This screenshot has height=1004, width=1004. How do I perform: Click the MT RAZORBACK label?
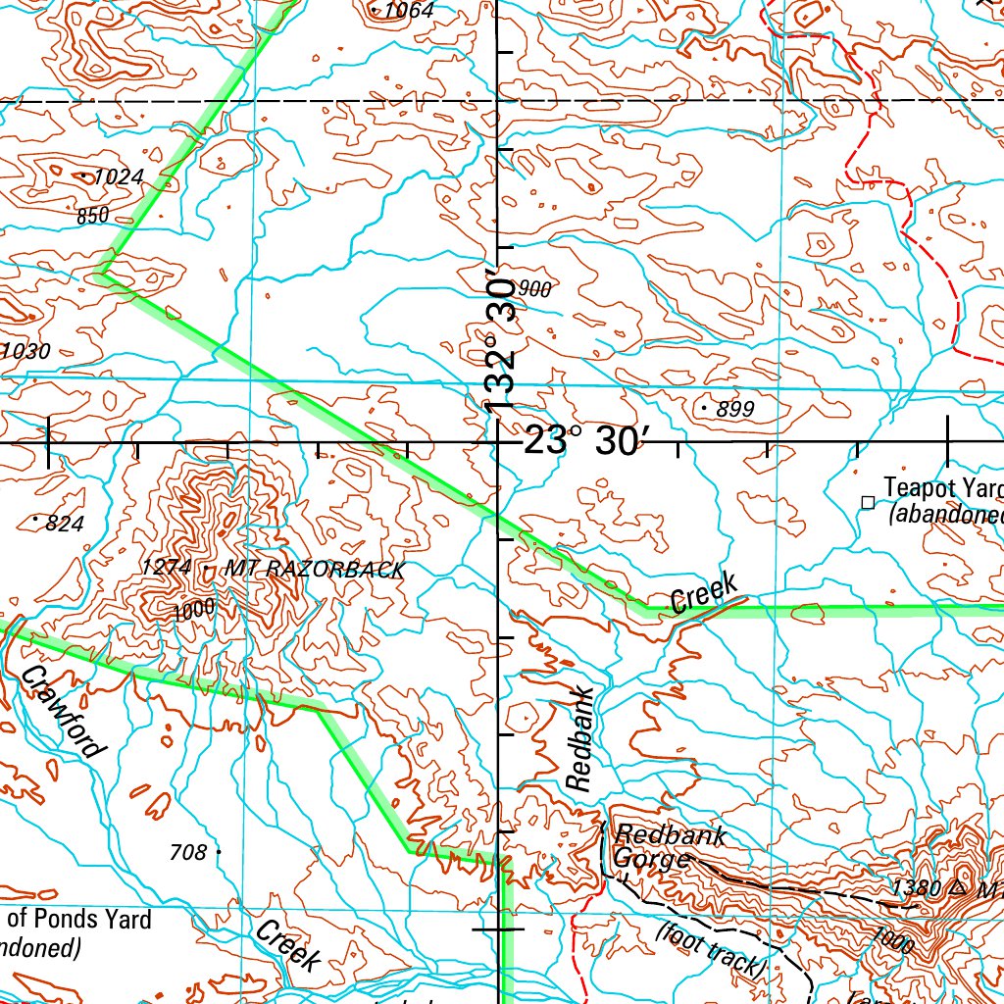click(314, 570)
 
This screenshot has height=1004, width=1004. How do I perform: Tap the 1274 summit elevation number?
click(167, 568)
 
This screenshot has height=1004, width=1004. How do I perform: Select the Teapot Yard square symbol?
click(867, 502)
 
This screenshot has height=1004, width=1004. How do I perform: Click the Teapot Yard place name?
click(941, 487)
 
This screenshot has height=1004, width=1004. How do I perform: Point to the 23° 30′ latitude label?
click(585, 442)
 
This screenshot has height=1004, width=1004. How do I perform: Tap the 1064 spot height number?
click(408, 11)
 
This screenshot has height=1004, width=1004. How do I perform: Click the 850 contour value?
click(92, 216)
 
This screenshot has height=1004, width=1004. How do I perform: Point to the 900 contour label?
click(535, 289)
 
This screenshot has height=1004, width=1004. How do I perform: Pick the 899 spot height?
click(735, 410)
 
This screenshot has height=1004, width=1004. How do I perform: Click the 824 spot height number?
click(65, 524)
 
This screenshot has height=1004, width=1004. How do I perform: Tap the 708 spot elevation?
click(188, 853)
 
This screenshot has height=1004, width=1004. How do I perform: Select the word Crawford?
click(62, 712)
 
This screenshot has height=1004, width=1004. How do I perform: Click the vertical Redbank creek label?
click(580, 739)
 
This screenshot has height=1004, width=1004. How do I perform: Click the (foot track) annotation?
click(710, 949)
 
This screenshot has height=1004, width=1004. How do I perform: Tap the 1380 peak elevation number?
click(917, 888)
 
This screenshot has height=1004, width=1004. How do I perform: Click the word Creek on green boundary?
click(703, 595)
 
